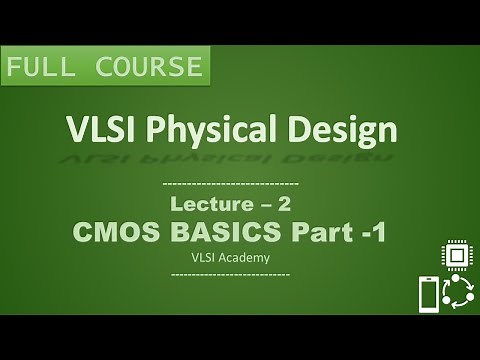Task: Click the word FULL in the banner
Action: pos(44,69)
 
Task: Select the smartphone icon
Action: pos(425,296)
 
